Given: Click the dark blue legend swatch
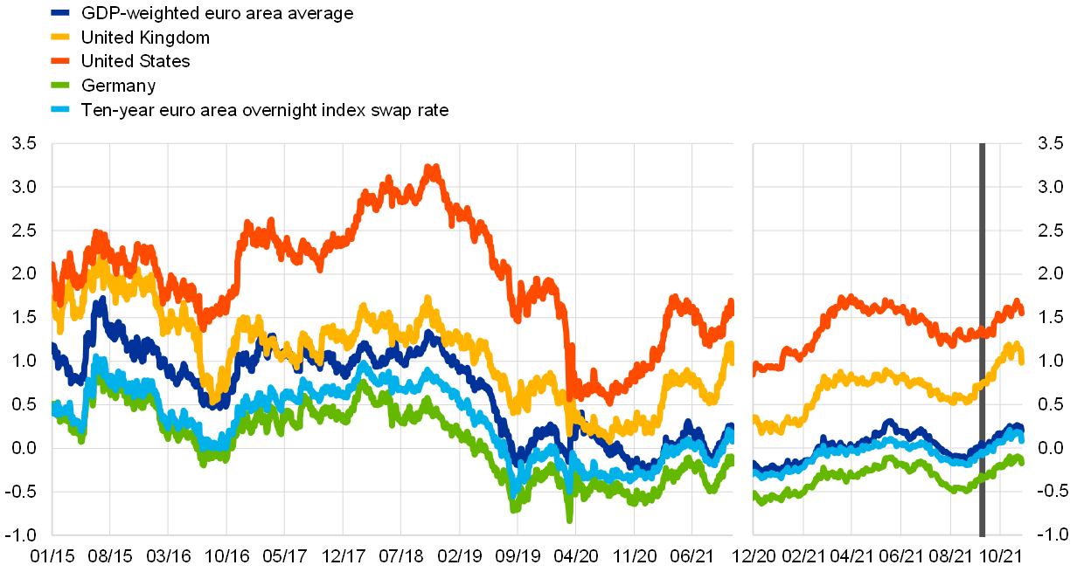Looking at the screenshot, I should point(60,13).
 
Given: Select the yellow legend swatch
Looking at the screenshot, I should point(60,37).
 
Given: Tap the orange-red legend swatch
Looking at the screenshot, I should point(60,61).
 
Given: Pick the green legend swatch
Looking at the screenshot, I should point(60,85).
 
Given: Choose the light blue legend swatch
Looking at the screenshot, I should point(60,109).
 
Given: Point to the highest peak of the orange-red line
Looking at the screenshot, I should point(431,168).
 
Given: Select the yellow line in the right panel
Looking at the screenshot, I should point(874,380).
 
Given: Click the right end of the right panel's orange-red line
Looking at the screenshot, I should point(1020,310).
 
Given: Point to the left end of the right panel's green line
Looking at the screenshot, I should point(756,496).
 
